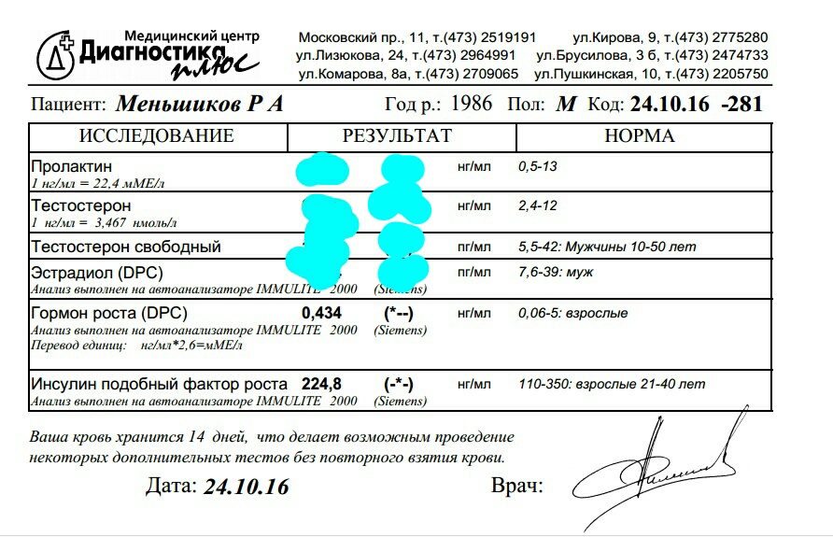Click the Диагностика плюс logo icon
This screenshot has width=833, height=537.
(x=58, y=52)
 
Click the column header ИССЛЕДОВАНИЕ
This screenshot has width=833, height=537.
(x=156, y=136)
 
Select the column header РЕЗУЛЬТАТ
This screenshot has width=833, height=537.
(x=396, y=136)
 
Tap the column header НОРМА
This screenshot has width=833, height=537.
(x=640, y=136)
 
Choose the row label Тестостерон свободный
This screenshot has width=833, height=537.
(x=125, y=247)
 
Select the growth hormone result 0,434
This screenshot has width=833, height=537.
(x=322, y=313)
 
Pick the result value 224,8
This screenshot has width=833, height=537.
(x=322, y=384)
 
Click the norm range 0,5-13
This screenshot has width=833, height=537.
(x=539, y=166)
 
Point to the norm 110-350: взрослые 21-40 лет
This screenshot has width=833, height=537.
(x=612, y=384)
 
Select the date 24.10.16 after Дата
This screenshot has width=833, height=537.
(x=246, y=487)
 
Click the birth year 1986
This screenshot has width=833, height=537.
(x=471, y=103)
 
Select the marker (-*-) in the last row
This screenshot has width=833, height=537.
(x=399, y=384)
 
